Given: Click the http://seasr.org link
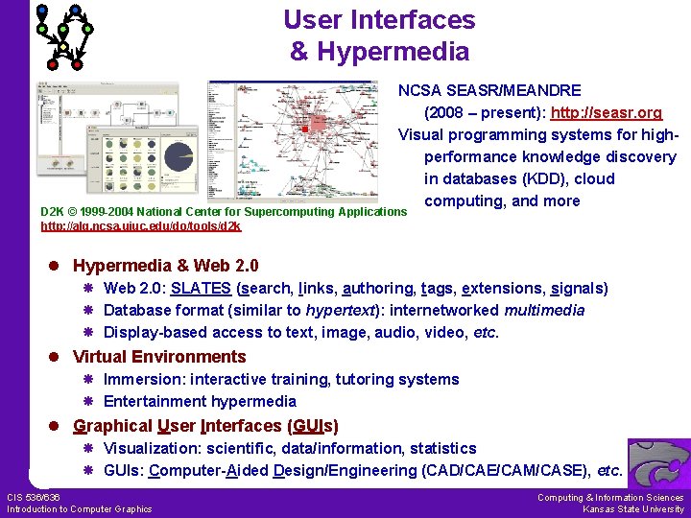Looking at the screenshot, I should [606, 112].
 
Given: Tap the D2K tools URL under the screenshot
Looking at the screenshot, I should [140, 226].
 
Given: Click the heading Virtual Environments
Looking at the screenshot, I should [159, 357].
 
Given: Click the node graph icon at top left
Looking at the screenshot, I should [63, 36].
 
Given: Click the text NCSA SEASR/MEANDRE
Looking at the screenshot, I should [489, 90].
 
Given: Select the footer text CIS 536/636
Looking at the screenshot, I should [34, 497].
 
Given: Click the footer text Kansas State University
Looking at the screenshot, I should [633, 509].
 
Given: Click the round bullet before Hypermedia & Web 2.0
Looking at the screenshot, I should [59, 266].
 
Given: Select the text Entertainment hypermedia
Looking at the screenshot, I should [200, 401].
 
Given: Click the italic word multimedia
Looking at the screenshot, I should [542, 310].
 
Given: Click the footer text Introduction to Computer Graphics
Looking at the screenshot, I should [79, 509].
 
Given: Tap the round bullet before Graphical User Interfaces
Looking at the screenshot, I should [59, 426].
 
